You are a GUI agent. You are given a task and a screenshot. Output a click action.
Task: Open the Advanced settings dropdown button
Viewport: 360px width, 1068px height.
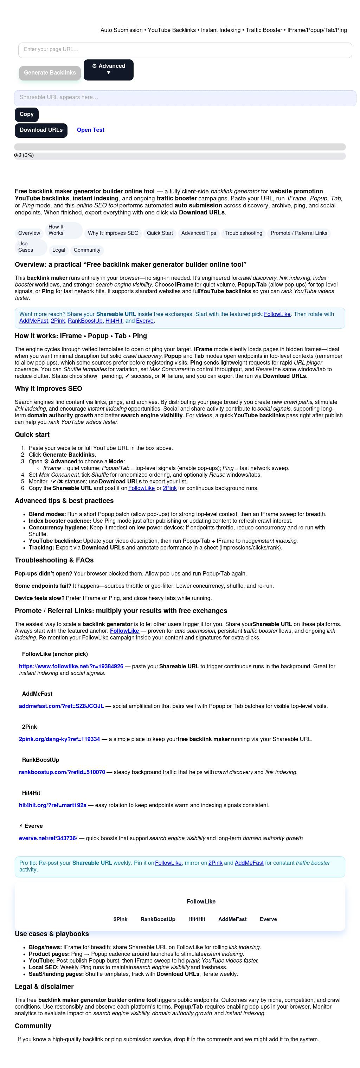coord(108,70)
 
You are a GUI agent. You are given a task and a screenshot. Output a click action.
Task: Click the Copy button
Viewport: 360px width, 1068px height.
coord(27,115)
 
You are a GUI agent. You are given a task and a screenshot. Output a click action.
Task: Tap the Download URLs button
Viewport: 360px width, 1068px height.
coord(41,130)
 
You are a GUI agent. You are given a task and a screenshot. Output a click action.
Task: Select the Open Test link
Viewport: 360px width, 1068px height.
coord(90,130)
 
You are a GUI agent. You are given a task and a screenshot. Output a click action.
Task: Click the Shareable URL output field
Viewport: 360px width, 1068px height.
coord(185,98)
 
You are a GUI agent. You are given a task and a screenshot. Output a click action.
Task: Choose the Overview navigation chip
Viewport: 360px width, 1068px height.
coord(29,233)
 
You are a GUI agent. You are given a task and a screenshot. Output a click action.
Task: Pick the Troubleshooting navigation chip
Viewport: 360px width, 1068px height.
coord(243,233)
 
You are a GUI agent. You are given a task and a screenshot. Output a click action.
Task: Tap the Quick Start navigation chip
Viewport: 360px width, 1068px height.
coord(160,233)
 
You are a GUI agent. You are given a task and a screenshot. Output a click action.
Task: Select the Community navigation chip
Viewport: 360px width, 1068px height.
coord(87,250)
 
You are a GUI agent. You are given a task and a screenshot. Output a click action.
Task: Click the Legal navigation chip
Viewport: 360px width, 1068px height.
coord(58,250)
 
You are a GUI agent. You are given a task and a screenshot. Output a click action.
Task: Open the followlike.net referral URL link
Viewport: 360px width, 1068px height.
coord(71,667)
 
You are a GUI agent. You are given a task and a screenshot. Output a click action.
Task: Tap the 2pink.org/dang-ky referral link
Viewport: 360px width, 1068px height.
coord(59,740)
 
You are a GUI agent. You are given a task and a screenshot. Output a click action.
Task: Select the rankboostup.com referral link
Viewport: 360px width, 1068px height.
coord(62,773)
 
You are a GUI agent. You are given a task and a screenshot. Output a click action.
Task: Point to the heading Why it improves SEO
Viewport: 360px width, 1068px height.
coord(49,389)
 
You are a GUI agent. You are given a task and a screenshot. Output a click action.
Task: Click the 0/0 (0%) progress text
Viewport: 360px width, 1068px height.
coord(24,155)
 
